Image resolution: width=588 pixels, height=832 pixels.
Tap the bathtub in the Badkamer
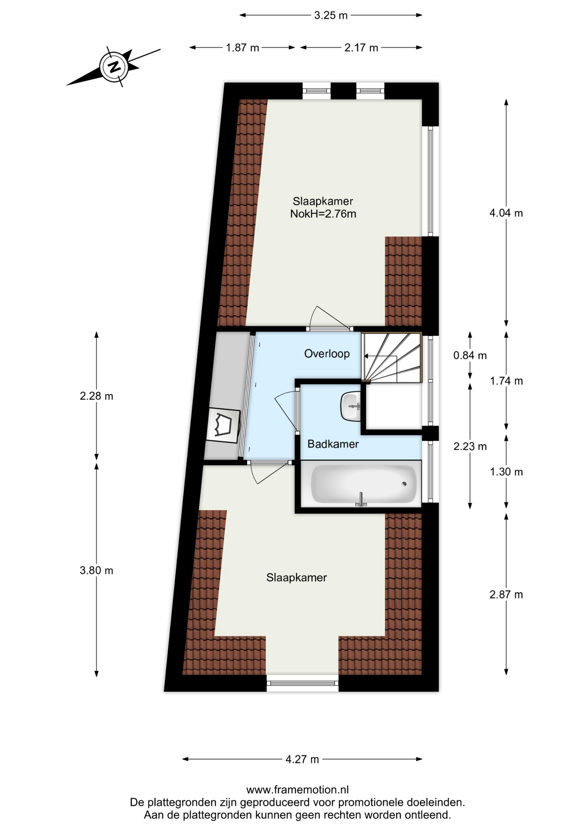pyautogui.click(x=364, y=484)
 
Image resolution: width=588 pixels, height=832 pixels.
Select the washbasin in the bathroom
pyautogui.click(x=351, y=406)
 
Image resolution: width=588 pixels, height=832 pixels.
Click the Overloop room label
pyautogui.click(x=327, y=354)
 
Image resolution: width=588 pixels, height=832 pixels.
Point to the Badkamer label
pyautogui.click(x=333, y=444)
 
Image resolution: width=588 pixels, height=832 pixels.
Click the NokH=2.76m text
pyautogui.click(x=323, y=214)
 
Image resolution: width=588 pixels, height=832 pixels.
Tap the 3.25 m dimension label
pyautogui.click(x=331, y=15)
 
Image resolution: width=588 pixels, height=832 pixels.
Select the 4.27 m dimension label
pyautogui.click(x=302, y=759)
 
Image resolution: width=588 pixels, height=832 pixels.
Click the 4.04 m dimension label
pyautogui.click(x=506, y=213)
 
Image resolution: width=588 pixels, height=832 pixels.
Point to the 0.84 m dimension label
pyautogui.click(x=470, y=356)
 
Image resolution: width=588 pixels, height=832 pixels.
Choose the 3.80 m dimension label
pyautogui.click(x=96, y=570)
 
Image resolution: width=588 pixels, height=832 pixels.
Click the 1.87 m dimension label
pyautogui.click(x=242, y=48)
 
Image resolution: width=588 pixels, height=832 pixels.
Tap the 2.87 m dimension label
pyautogui.click(x=506, y=595)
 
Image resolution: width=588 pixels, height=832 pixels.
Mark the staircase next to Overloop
pyautogui.click(x=391, y=357)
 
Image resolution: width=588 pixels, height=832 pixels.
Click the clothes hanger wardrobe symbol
pyautogui.click(x=223, y=426)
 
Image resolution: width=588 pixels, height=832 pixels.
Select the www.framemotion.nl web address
pyautogui.click(x=297, y=790)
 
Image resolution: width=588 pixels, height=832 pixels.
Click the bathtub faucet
pyautogui.click(x=361, y=500)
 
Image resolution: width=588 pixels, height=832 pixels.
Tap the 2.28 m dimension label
pyautogui.click(x=96, y=396)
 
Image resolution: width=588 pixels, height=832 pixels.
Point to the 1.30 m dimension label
pyautogui.click(x=506, y=472)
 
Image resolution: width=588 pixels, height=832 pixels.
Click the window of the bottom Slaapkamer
pyautogui.click(x=302, y=683)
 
